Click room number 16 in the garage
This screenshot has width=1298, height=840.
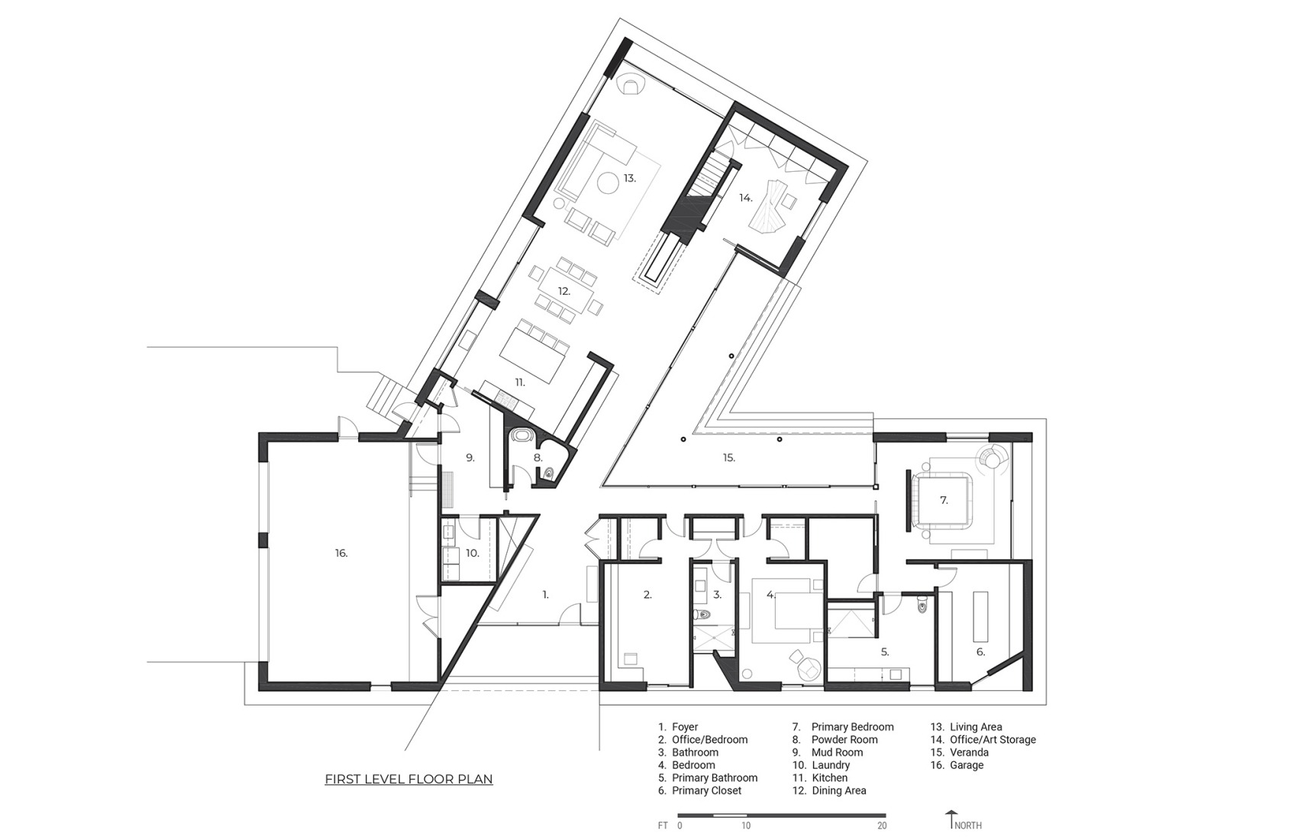pyautogui.click(x=341, y=553)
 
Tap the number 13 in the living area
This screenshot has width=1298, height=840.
pyautogui.click(x=629, y=178)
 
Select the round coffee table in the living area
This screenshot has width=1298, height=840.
pyautogui.click(x=607, y=183)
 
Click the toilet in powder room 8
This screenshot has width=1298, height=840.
pyautogui.click(x=548, y=473)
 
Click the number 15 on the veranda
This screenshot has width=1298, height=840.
pyautogui.click(x=728, y=457)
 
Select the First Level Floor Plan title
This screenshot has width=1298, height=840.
pyautogui.click(x=408, y=780)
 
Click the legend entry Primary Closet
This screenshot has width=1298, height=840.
pyautogui.click(x=706, y=790)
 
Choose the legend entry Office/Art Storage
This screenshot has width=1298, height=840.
pyautogui.click(x=993, y=739)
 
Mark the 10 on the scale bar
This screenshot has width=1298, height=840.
pyautogui.click(x=745, y=825)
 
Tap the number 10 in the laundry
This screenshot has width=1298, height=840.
pyautogui.click(x=473, y=553)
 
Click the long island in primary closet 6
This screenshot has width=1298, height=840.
pyautogui.click(x=980, y=617)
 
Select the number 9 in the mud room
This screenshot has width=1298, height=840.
pyautogui.click(x=470, y=457)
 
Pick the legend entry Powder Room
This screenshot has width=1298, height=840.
pyautogui.click(x=844, y=739)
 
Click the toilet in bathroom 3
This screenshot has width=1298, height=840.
pyautogui.click(x=704, y=615)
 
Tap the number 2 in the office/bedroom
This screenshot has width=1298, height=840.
pyautogui.click(x=647, y=595)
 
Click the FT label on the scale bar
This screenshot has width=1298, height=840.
pyautogui.click(x=663, y=825)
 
